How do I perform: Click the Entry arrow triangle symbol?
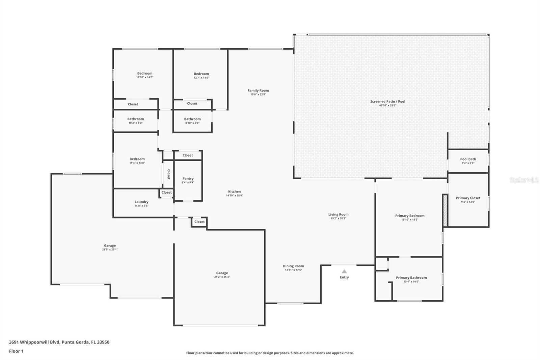pyautogui.click(x=344, y=271)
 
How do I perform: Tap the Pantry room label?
pyautogui.click(x=188, y=179)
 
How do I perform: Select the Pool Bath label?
pyautogui.click(x=468, y=159)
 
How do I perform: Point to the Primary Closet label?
pyautogui.click(x=468, y=198)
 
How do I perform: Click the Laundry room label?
pyautogui.click(x=141, y=202)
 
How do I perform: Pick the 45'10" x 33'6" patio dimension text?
pyautogui.click(x=387, y=105)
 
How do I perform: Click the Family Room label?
pyautogui.click(x=258, y=91)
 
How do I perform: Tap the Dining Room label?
pyautogui.click(x=293, y=266)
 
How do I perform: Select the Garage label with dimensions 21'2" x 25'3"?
pyautogui.click(x=222, y=273)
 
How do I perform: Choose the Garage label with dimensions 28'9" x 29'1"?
pyautogui.click(x=110, y=246)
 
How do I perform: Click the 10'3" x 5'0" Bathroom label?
pyautogui.click(x=135, y=119)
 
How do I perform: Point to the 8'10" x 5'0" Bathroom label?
pyautogui.click(x=192, y=119)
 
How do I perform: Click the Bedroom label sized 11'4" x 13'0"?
pyautogui.click(x=137, y=159)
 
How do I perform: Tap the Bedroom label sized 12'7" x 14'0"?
pyautogui.click(x=201, y=74)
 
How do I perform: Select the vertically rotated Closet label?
pyautogui.click(x=168, y=174)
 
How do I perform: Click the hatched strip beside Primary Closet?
pyautogui.click(x=445, y=210)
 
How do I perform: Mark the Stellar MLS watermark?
pyautogui.click(x=523, y=180)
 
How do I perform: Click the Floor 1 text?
pyautogui.click(x=16, y=351)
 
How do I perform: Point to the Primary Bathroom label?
pyautogui.click(x=411, y=278)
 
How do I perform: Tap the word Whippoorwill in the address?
pyautogui.click(x=40, y=342)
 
